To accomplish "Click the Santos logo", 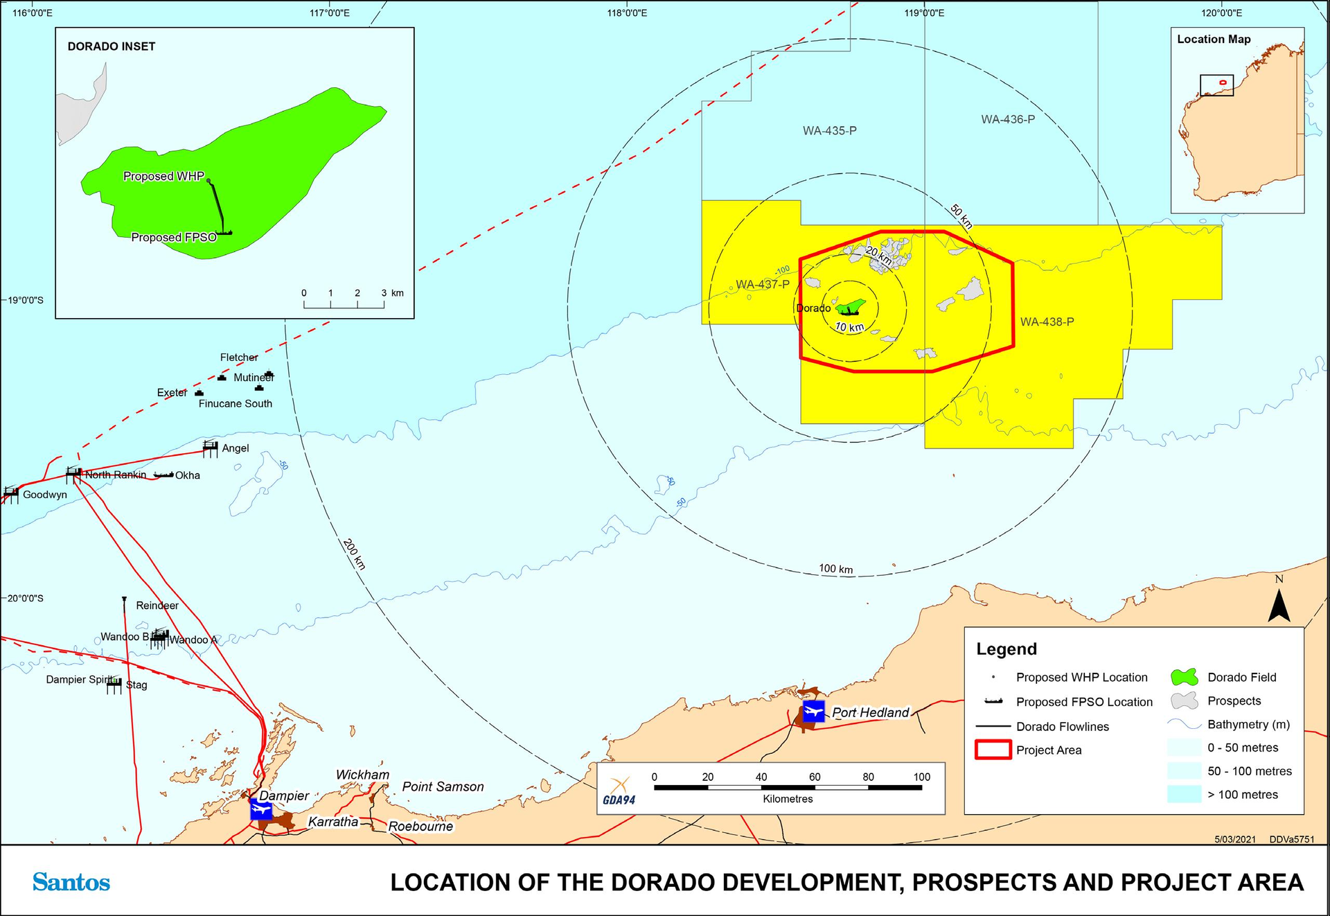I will pyautogui.click(x=71, y=882).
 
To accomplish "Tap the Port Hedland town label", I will pyautogui.click(x=870, y=712).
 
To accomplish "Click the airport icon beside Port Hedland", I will pyautogui.click(x=813, y=711).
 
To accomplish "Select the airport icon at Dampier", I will pyautogui.click(x=261, y=809).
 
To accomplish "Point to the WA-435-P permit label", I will pyautogui.click(x=829, y=130).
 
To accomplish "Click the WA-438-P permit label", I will pyautogui.click(x=1047, y=322).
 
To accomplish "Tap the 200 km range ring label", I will pyautogui.click(x=354, y=554).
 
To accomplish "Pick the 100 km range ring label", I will pyautogui.click(x=835, y=569).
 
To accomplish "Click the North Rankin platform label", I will pyautogui.click(x=116, y=475).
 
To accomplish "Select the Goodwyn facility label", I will pyautogui.click(x=45, y=495).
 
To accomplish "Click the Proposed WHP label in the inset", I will pyautogui.click(x=163, y=176).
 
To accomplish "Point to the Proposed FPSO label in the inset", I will pyautogui.click(x=174, y=237).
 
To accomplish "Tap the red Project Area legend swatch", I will pyautogui.click(x=993, y=750).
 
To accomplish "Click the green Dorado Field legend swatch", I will pyautogui.click(x=1184, y=677).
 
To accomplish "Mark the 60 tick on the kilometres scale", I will pyautogui.click(x=815, y=777).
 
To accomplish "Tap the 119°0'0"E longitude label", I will pyautogui.click(x=924, y=12).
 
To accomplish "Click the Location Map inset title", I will pyautogui.click(x=1214, y=39).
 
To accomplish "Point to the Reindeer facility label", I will pyautogui.click(x=157, y=606).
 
